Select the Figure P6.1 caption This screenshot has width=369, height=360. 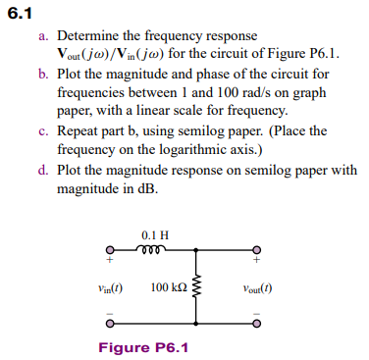click(143, 346)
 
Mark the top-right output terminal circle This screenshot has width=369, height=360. click(257, 249)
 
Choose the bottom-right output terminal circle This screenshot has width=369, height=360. click(257, 323)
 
